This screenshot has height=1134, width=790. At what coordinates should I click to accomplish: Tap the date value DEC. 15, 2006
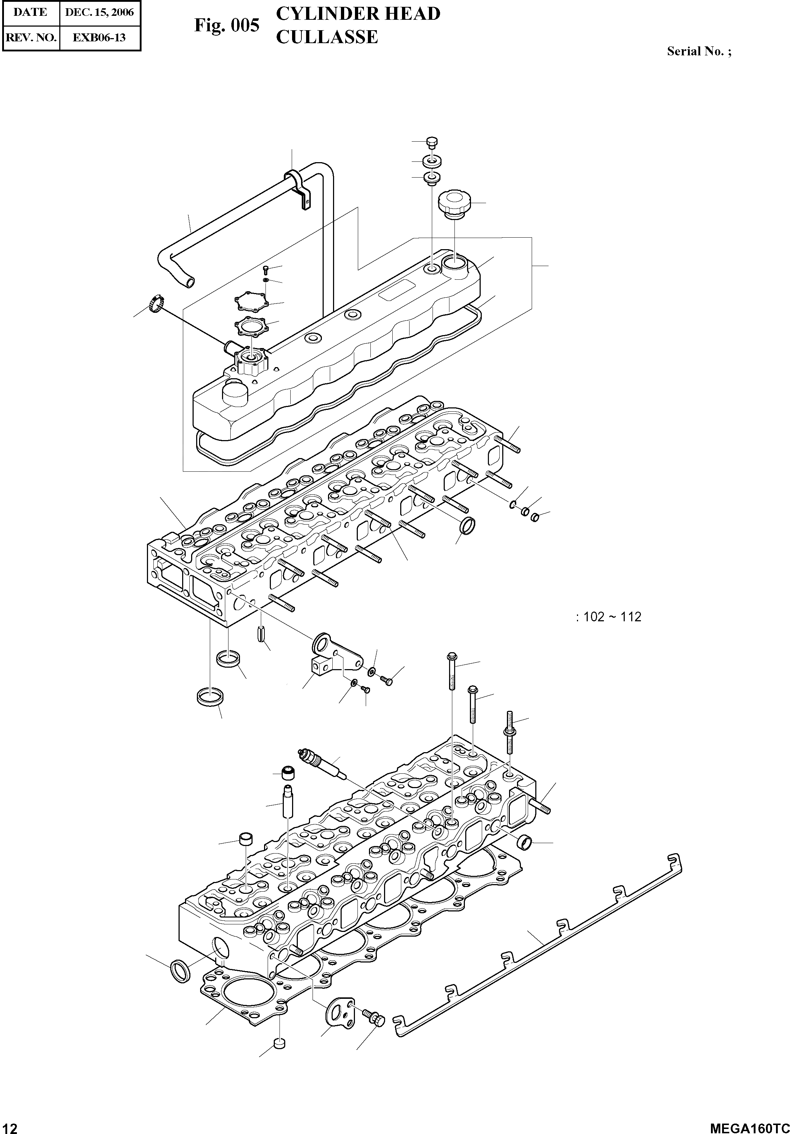tap(100, 12)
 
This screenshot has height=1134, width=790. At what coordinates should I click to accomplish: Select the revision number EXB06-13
tap(99, 37)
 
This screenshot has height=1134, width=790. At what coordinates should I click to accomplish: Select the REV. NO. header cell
tap(31, 37)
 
